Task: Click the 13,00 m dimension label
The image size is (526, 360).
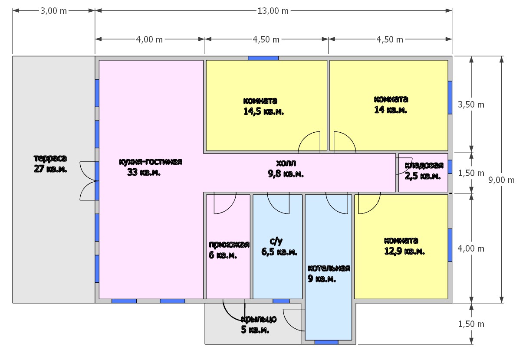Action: pos(273,11)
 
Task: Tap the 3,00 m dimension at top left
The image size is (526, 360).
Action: pos(53,11)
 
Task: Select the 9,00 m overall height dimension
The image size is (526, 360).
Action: pos(501,180)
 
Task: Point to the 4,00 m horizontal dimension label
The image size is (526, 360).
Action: pos(149,39)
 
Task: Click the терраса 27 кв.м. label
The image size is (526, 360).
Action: pos(50,164)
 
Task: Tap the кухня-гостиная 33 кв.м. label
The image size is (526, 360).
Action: pos(151,167)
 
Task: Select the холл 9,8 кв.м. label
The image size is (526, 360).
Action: pos(286,168)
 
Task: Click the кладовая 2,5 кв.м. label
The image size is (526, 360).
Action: pos(424,170)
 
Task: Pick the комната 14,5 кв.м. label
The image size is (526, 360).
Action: pos(263,106)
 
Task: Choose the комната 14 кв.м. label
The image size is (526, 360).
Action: pos(391,105)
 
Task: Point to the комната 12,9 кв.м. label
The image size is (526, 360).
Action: pos(404,246)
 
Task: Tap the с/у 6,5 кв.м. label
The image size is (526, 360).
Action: pos(279,246)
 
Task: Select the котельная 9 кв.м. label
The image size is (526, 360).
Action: pos(329,273)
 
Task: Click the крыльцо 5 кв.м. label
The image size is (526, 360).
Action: pos(259,324)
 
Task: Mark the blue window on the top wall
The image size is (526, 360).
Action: pos(263,58)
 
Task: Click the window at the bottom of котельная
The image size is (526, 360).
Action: pos(326,342)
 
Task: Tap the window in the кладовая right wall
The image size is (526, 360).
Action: pos(450,167)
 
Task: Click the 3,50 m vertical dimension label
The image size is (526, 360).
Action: pos(471,105)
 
